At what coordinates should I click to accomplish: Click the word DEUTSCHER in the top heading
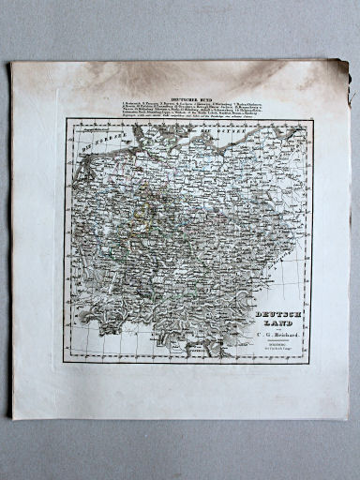(x=179, y=97)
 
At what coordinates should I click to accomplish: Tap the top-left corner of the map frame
(x=67, y=119)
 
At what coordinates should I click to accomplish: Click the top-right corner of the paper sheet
(x=344, y=59)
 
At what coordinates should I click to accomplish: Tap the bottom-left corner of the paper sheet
(x=12, y=418)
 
